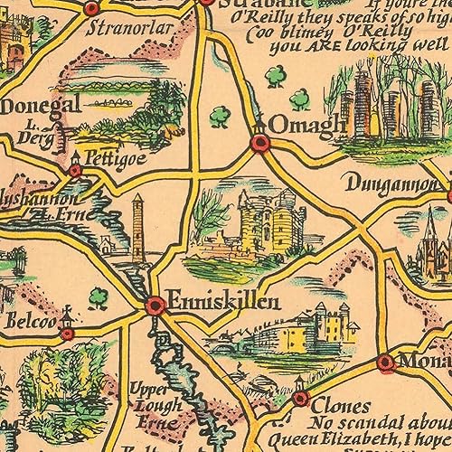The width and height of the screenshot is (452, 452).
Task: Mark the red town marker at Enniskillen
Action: point(155,306)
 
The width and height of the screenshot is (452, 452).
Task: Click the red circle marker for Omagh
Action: point(260,142)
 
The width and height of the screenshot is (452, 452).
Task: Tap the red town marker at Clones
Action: point(300,398)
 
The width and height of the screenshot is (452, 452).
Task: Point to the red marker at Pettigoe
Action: point(76,168)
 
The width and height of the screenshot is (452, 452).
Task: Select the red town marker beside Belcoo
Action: point(67,334)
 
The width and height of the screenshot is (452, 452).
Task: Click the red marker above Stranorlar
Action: point(91,8)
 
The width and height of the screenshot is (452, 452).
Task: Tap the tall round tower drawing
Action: point(137,231)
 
